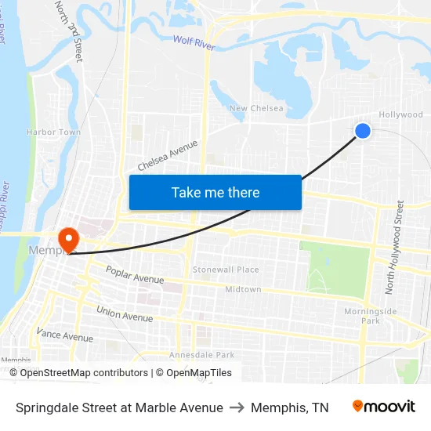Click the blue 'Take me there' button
[215, 192]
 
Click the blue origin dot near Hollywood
[363, 131]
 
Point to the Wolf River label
[194, 42]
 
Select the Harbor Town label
[53, 132]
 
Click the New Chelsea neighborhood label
[256, 108]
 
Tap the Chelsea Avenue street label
[167, 155]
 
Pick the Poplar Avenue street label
[136, 274]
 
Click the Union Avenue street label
[125, 314]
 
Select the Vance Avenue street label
[64, 335]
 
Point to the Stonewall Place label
[226, 270]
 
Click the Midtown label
[243, 290]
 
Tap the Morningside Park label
[370, 316]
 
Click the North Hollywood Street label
[394, 248]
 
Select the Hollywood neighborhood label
[400, 114]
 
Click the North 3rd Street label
[68, 30]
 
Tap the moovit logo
[384, 407]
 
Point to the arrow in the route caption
[237, 407]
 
